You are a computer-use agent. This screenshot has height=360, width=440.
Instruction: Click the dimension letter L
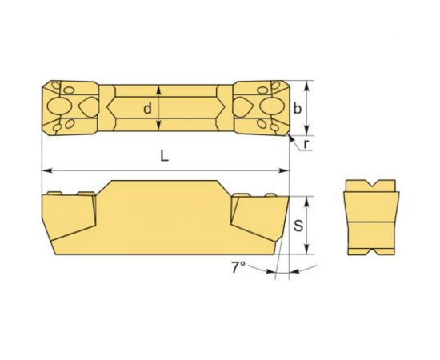(164, 158)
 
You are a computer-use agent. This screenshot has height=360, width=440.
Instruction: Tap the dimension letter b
(298, 109)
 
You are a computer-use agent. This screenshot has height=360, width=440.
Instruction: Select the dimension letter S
(298, 226)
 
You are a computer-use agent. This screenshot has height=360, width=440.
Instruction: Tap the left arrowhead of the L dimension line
(46, 170)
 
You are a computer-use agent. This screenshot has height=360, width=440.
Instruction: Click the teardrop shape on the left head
(86, 107)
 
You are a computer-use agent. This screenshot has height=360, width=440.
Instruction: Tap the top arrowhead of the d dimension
(160, 90)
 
